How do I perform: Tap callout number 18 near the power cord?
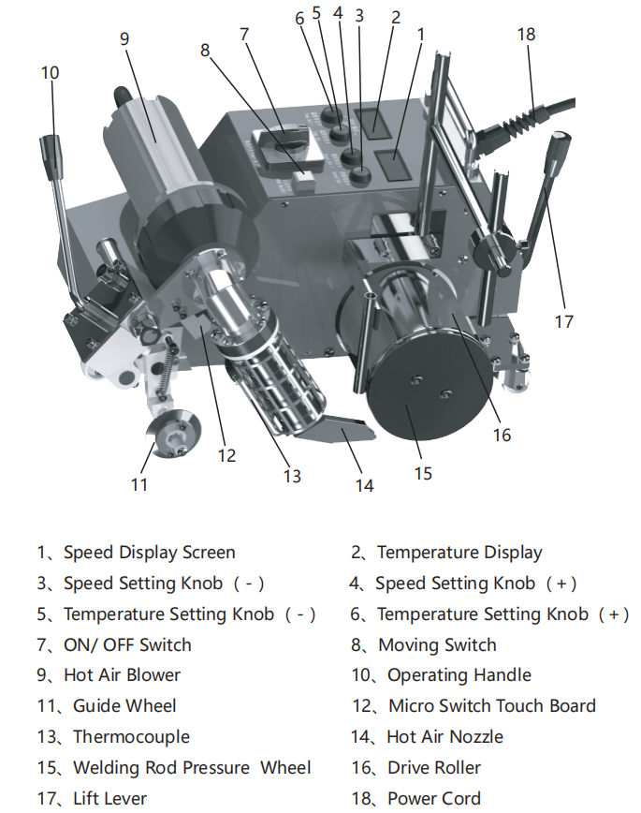pyautogui.click(x=526, y=34)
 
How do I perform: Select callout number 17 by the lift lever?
pyautogui.click(x=562, y=321)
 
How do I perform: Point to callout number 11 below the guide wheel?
pyautogui.click(x=139, y=484)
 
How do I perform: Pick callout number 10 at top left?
pyautogui.click(x=50, y=71)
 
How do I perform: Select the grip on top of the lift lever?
pyautogui.click(x=558, y=150)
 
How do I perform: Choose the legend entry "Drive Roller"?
pyautogui.click(x=433, y=768)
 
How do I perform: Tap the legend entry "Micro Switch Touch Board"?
pyautogui.click(x=491, y=706)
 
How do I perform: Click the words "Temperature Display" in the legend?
pyautogui.click(x=459, y=553)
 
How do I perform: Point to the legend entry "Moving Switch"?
pyautogui.click(x=437, y=645)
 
